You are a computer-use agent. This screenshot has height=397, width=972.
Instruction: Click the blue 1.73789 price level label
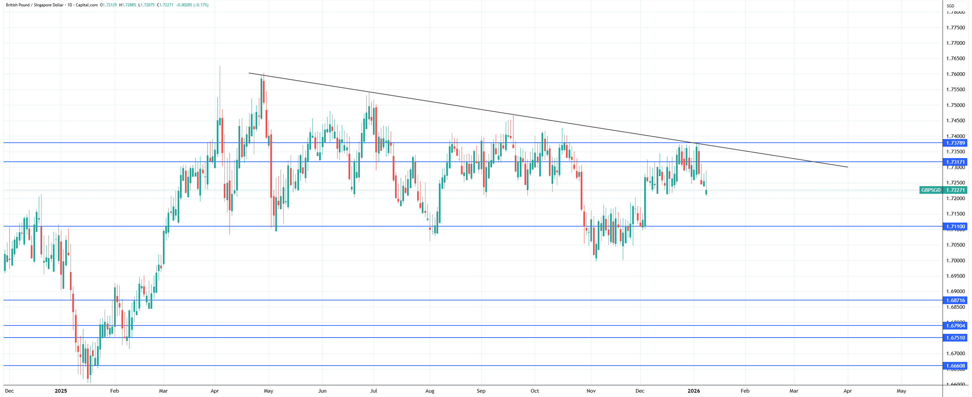(955, 143)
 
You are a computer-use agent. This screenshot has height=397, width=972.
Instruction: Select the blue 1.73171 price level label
(955, 162)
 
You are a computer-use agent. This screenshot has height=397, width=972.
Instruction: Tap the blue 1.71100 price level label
(955, 227)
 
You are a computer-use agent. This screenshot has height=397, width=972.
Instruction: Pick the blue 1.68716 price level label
(955, 300)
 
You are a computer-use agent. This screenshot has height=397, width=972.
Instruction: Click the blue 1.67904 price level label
(955, 325)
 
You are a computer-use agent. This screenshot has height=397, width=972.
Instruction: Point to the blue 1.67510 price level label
(955, 338)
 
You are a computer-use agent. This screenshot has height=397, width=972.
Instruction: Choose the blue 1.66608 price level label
(955, 366)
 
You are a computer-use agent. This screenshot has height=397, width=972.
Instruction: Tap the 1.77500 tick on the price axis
(955, 27)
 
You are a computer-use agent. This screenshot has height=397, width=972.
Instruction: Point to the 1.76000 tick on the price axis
(955, 74)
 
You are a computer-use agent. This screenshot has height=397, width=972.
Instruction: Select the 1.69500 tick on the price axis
(955, 276)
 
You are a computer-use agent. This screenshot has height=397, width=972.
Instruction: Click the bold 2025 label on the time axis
(61, 391)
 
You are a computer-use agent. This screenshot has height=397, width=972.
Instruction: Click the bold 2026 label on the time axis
(693, 391)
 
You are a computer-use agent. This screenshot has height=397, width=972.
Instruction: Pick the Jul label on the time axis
(373, 391)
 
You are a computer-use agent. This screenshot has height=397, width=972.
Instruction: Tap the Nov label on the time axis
(591, 391)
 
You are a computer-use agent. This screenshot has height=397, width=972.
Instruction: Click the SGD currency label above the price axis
(950, 6)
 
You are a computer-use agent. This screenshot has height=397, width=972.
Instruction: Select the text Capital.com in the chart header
(86, 5)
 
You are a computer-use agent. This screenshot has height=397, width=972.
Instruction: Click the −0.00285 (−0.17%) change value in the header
(192, 5)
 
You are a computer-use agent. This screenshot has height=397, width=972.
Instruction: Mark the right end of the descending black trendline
(848, 167)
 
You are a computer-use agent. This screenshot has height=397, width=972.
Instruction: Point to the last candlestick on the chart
(706, 192)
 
